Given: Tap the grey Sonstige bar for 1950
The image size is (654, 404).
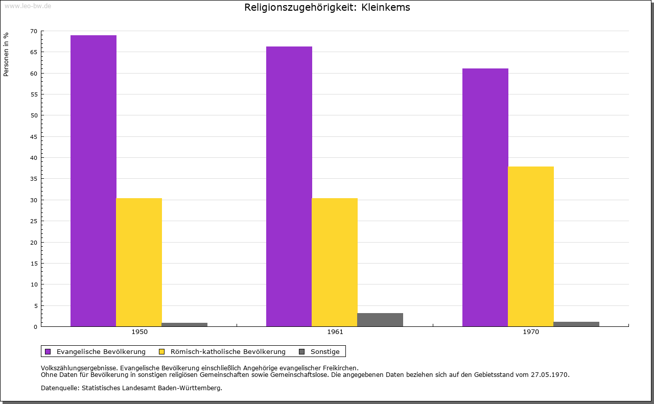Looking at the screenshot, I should [x=184, y=324].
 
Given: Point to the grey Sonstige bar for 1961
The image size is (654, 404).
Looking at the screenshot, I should [x=380, y=320].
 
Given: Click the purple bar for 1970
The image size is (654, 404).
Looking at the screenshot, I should [x=485, y=197].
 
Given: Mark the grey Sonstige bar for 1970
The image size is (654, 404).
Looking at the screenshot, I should [x=576, y=324].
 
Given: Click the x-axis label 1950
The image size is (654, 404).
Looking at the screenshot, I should [x=139, y=332].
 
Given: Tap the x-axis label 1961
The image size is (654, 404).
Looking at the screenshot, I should [x=335, y=332].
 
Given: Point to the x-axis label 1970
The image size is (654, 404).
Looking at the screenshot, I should [x=531, y=332].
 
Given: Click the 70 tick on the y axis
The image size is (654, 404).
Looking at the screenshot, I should [x=34, y=31].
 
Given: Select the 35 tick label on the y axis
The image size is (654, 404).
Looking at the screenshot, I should [x=34, y=179].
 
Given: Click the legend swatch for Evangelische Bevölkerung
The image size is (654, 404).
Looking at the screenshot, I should [x=48, y=351].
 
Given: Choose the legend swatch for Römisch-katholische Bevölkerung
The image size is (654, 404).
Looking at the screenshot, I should [x=162, y=351].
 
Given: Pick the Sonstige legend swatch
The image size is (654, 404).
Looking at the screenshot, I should [x=301, y=351].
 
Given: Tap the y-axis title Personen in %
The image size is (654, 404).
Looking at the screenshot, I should [x=6, y=54].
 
